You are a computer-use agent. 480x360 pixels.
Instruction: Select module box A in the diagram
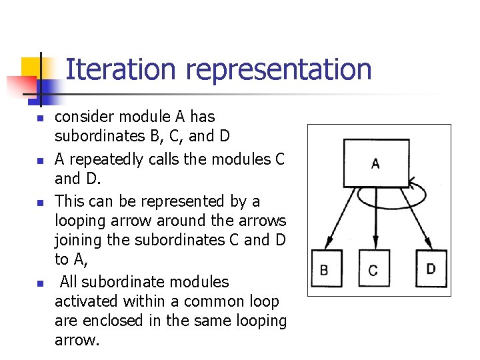(x=375, y=163)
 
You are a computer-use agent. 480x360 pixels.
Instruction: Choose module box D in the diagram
(x=431, y=269)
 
